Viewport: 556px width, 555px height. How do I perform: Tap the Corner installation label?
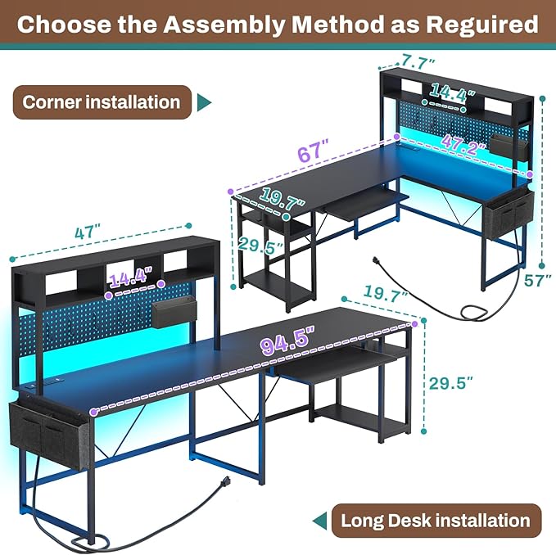click(102, 102)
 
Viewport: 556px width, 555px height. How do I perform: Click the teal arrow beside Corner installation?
click(204, 103)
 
